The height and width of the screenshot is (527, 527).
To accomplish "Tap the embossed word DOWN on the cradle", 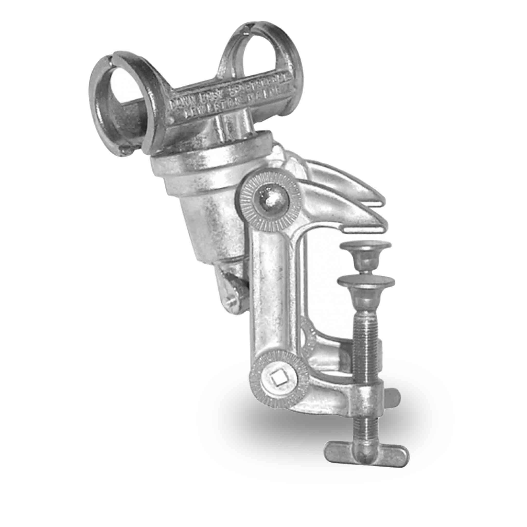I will coord(179,102).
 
